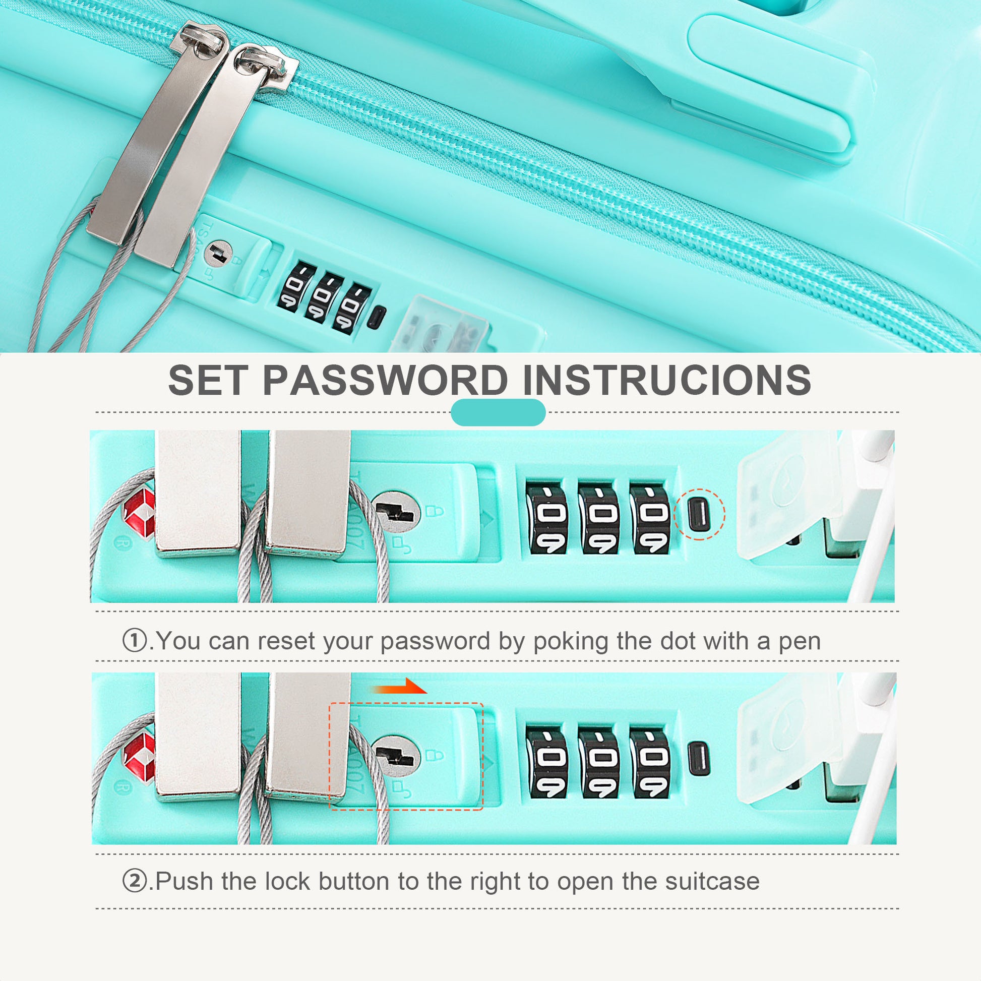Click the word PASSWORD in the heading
point(385,380)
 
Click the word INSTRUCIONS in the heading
point(667,380)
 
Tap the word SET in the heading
point(208,380)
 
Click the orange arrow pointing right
point(399,686)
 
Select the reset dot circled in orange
point(699,514)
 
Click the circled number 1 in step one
point(135,641)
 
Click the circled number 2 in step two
point(135,881)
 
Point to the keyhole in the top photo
point(219,253)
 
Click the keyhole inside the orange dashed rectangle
point(397,756)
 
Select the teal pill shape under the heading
point(498,412)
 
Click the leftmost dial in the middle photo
point(547,518)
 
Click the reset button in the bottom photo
point(699,759)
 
